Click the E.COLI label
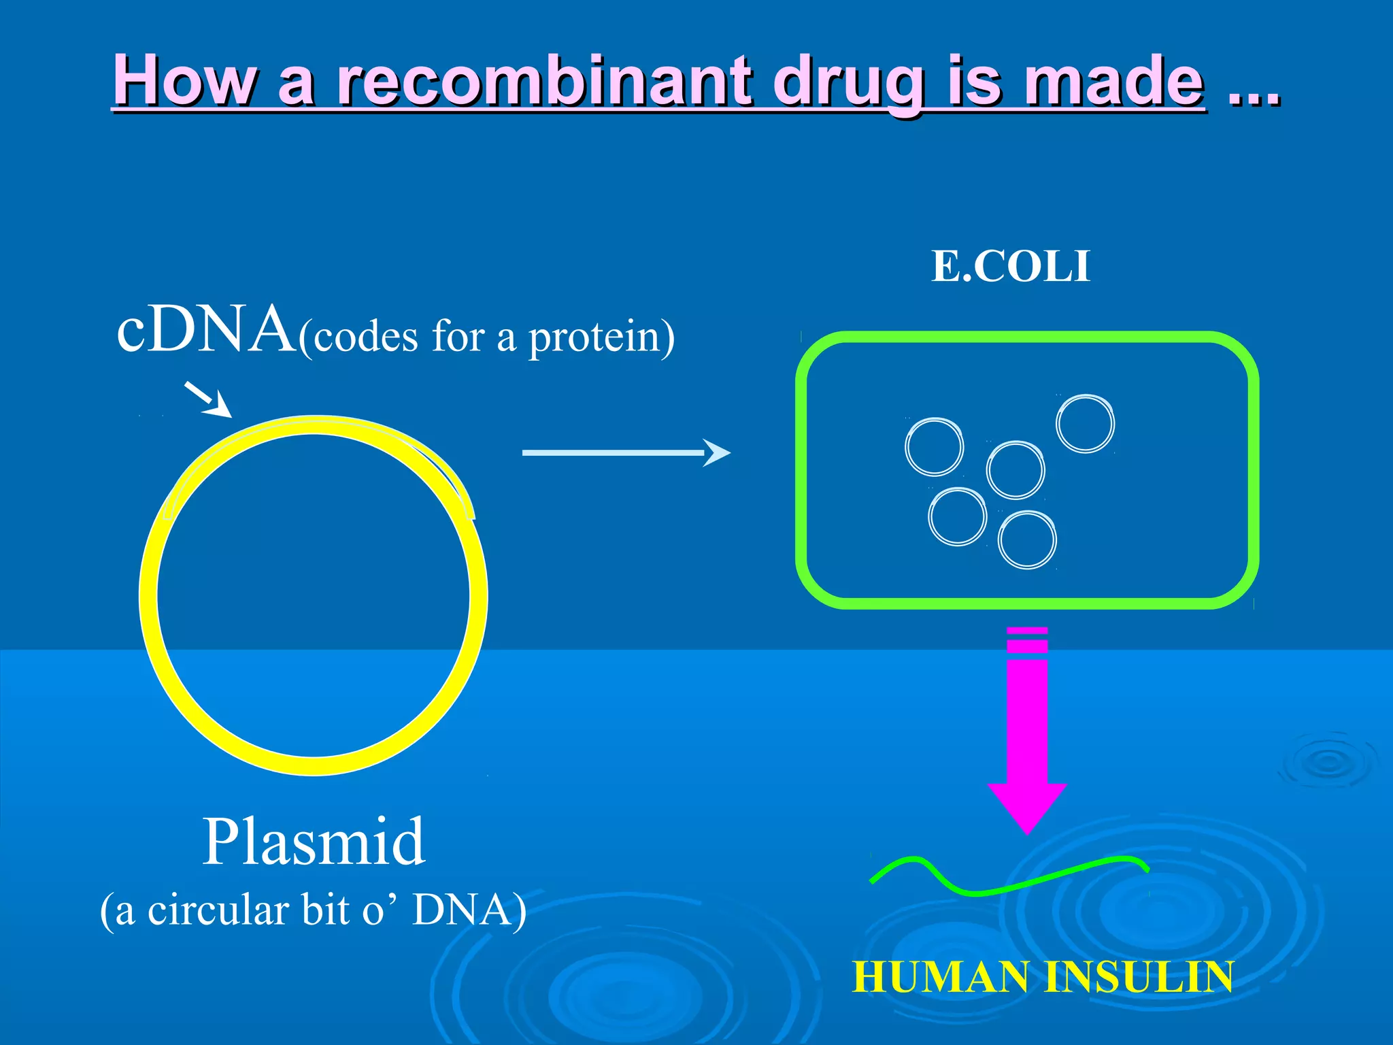tap(1011, 266)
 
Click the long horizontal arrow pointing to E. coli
tap(626, 452)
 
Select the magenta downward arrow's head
tap(1027, 806)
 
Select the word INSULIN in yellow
tap(1139, 978)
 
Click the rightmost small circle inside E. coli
tap(1085, 424)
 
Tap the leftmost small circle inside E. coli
tap(935, 447)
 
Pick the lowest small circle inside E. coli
tap(1027, 540)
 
